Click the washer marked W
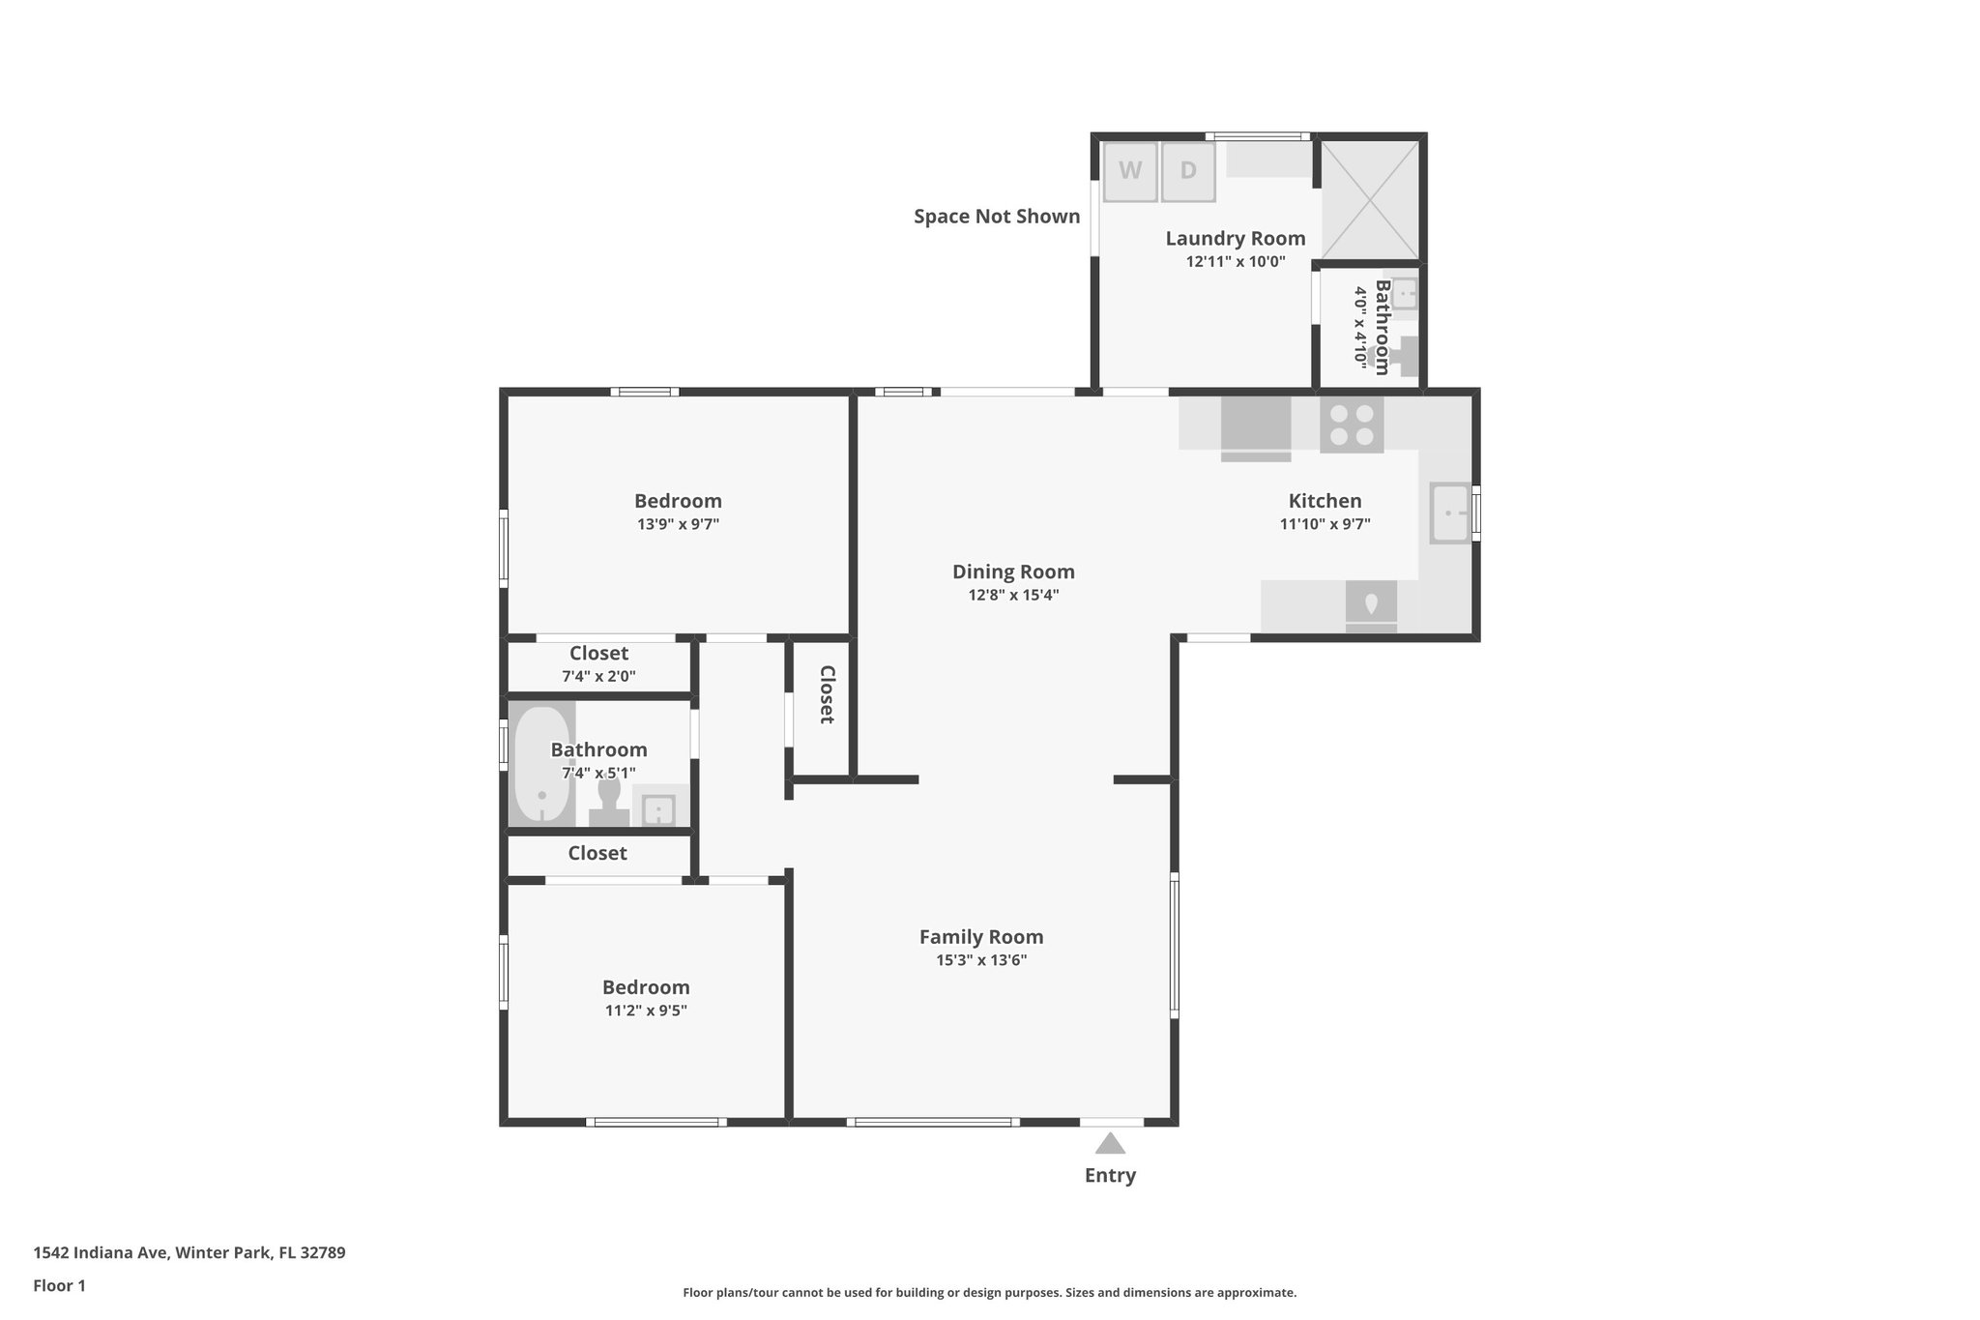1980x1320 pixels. pyautogui.click(x=1130, y=172)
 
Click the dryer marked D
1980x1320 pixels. pyautogui.click(x=1188, y=172)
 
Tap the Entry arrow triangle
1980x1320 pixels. pyautogui.click(x=1110, y=1144)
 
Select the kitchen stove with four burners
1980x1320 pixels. pyautogui.click(x=1352, y=425)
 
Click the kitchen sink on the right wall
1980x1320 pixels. pyautogui.click(x=1450, y=513)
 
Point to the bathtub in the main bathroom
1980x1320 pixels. pyautogui.click(x=541, y=764)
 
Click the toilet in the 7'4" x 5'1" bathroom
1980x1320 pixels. pyautogui.click(x=609, y=802)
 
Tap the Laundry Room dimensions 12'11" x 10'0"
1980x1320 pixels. pyautogui.click(x=1236, y=261)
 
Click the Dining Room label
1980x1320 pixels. pyautogui.click(x=1013, y=572)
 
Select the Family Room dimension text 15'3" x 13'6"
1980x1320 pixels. pyautogui.click(x=981, y=960)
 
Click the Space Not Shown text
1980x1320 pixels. pyautogui.click(x=997, y=217)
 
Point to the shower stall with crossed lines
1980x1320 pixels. pyautogui.click(x=1370, y=200)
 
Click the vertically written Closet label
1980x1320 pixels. pyautogui.click(x=827, y=694)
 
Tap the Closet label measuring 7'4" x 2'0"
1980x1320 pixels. pyautogui.click(x=598, y=654)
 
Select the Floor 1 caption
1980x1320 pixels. pyautogui.click(x=59, y=1286)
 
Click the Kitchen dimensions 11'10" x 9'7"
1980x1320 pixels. pyautogui.click(x=1325, y=524)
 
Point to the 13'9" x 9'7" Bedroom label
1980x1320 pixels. pyautogui.click(x=678, y=501)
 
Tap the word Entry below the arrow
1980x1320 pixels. pyautogui.click(x=1110, y=1176)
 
